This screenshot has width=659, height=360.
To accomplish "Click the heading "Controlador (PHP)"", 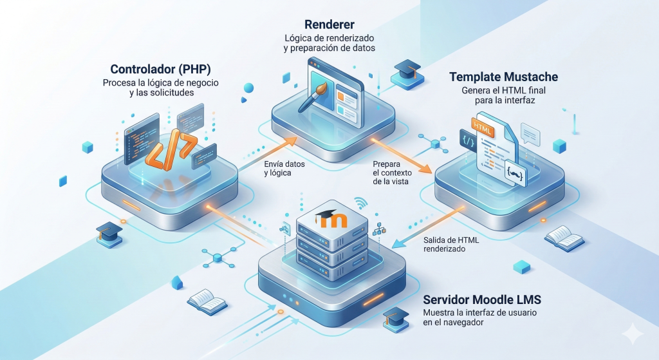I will click(x=158, y=69).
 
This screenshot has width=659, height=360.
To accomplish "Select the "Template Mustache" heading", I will click(x=503, y=77).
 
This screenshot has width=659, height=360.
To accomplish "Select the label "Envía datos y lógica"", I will click(x=284, y=168).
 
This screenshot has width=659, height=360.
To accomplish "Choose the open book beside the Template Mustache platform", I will click(x=564, y=236).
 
